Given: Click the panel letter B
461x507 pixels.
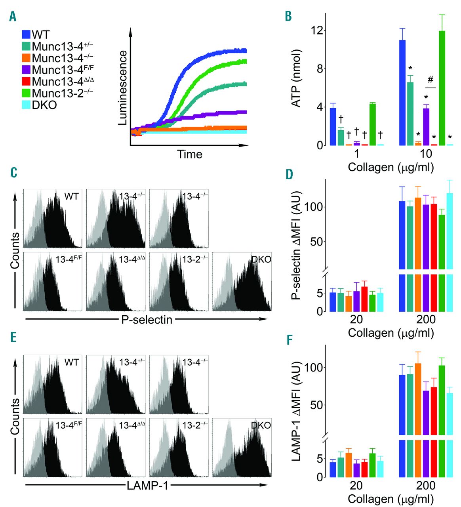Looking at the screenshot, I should coord(288,16).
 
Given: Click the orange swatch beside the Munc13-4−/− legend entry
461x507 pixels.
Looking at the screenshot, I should coord(26,58).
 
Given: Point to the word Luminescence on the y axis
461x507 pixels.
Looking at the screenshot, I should coord(123,88).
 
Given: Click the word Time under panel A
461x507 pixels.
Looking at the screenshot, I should coord(189,154).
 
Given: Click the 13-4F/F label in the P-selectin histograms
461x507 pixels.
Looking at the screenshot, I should coord(69,259).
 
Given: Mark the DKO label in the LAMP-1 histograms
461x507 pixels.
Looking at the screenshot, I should coord(261,425).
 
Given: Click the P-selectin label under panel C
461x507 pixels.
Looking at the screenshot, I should coord(147,319).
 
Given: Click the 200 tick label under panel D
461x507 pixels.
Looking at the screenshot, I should coord(426,319).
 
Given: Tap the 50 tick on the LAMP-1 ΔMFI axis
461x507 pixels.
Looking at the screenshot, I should coord(315,405).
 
